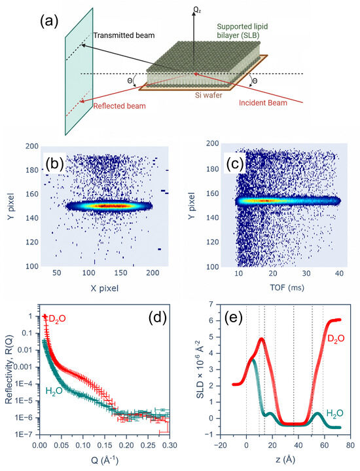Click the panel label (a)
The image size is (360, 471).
coord(49,22)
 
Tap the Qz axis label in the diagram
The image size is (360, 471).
coord(197,10)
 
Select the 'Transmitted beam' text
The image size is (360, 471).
coord(124,35)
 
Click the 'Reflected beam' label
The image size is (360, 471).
coord(119,105)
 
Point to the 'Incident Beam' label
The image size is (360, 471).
coord(263,103)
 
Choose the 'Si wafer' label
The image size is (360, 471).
coord(208,95)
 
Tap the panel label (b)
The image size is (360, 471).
coord(54,163)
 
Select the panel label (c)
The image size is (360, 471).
coord(235,163)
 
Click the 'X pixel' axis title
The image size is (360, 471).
coord(105,288)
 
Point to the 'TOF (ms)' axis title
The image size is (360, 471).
coord(287,288)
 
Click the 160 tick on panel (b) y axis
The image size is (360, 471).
coord(32,194)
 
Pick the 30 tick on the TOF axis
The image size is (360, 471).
coord(306,273)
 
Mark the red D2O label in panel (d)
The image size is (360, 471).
coord(57,320)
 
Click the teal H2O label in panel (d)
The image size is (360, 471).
coord(54,391)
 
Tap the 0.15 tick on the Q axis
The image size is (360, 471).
coord(105,445)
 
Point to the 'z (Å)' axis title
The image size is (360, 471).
coord(285,459)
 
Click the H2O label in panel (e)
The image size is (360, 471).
coord(334,413)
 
